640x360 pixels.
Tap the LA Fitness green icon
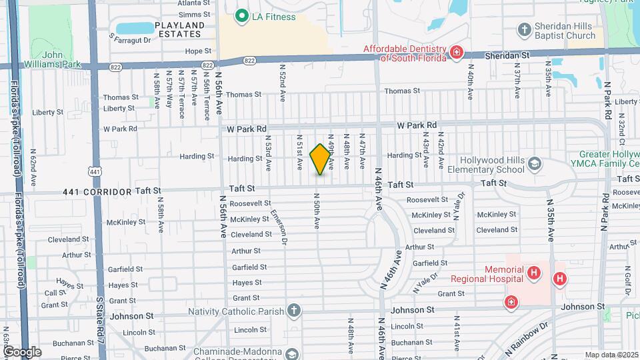(241, 16)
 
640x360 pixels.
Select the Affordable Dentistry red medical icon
(456, 52)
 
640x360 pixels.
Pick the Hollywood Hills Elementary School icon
(534, 164)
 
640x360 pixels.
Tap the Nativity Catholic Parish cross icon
(293, 310)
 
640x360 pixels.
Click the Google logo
(21, 351)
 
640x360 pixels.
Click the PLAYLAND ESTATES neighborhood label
(178, 29)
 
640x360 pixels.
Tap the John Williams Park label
(52, 60)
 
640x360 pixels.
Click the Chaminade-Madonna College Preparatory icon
(291, 353)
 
